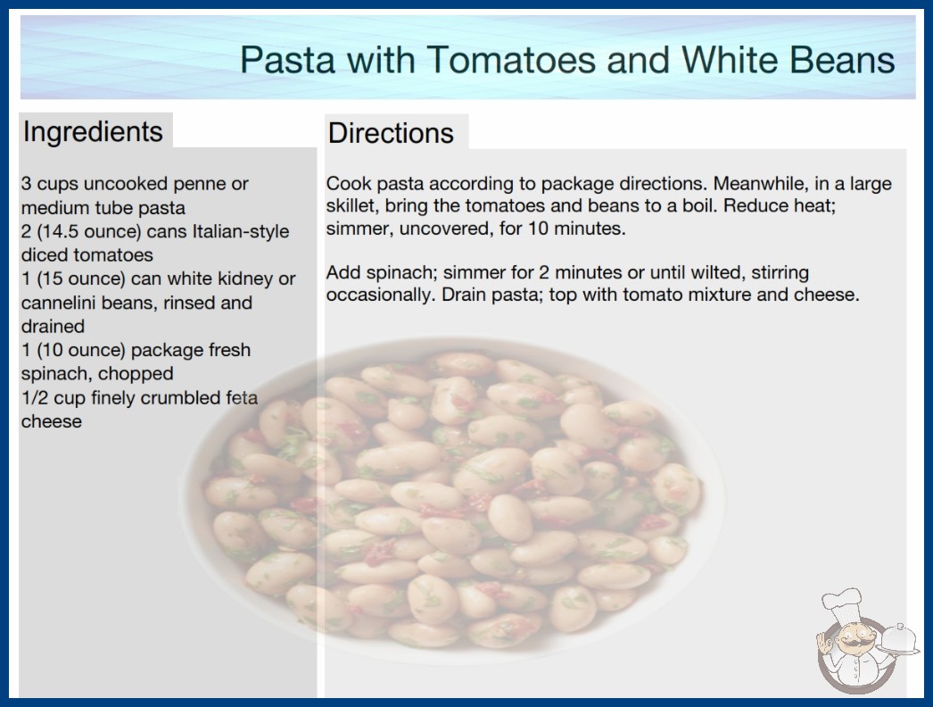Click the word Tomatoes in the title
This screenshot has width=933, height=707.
pyautogui.click(x=511, y=60)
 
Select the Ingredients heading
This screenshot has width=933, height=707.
pyautogui.click(x=93, y=132)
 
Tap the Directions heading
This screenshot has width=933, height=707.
pyautogui.click(x=391, y=133)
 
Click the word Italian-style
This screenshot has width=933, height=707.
pyautogui.click(x=241, y=231)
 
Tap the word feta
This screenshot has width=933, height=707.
pyautogui.click(x=242, y=397)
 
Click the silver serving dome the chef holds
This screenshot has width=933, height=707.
pyautogui.click(x=898, y=639)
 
